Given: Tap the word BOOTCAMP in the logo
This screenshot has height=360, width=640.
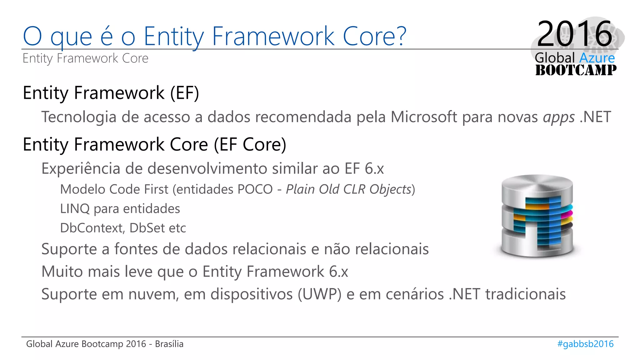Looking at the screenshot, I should [x=576, y=70].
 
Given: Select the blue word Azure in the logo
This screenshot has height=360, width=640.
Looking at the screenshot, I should [x=597, y=58].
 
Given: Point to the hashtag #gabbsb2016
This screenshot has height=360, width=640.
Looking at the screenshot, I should [x=585, y=344].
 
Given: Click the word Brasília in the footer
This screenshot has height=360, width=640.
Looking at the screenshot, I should [x=169, y=344].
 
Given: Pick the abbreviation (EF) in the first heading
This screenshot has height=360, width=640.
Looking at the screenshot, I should [x=184, y=93].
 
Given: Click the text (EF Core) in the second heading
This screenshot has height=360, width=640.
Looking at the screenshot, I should [x=250, y=144].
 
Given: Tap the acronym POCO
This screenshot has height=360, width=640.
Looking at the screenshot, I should [x=255, y=189].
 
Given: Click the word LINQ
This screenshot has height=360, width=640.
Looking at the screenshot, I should [x=75, y=209].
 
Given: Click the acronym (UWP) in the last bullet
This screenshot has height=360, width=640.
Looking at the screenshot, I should [x=319, y=294].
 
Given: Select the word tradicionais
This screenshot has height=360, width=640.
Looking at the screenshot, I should [x=525, y=294].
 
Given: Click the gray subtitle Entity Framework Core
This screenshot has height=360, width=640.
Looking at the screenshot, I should [x=85, y=58].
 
